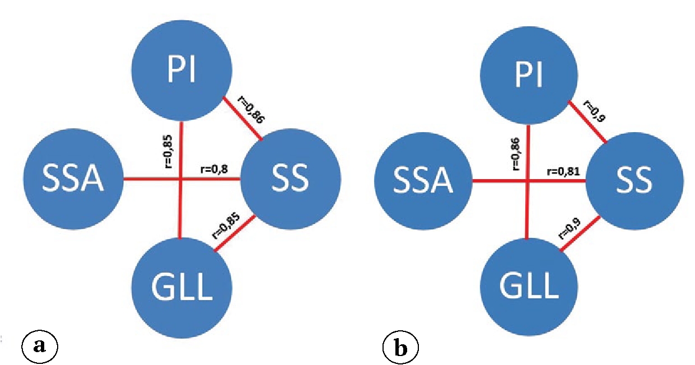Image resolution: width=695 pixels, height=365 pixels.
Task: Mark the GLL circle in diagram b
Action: [528, 286]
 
